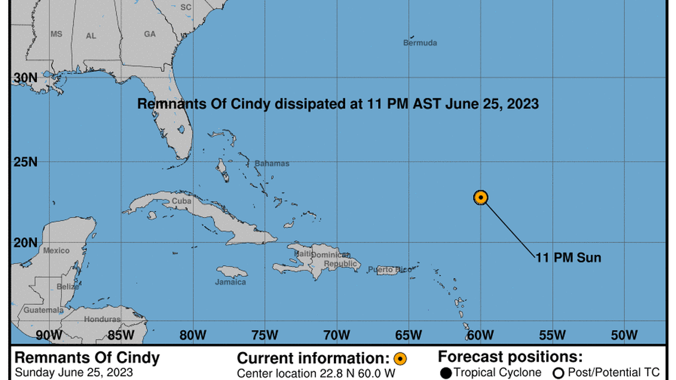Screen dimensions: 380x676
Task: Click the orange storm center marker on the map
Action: (481, 197)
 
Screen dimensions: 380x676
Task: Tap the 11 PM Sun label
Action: (568, 258)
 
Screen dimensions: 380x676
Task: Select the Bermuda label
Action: (420, 43)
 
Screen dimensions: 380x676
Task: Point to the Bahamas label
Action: (272, 163)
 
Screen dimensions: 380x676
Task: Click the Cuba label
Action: (181, 201)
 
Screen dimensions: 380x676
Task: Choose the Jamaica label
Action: (230, 282)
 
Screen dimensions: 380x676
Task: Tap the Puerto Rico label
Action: (389, 270)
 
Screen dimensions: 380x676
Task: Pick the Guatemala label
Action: (43, 310)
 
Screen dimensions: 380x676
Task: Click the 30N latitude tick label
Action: (25, 78)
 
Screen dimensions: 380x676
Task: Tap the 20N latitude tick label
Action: (25, 242)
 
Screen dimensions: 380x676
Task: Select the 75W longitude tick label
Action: (263, 335)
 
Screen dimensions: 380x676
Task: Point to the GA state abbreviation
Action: (150, 34)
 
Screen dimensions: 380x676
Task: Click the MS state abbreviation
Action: (56, 34)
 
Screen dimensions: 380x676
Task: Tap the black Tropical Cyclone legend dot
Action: (445, 373)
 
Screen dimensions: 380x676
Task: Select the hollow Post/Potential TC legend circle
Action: (557, 373)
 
